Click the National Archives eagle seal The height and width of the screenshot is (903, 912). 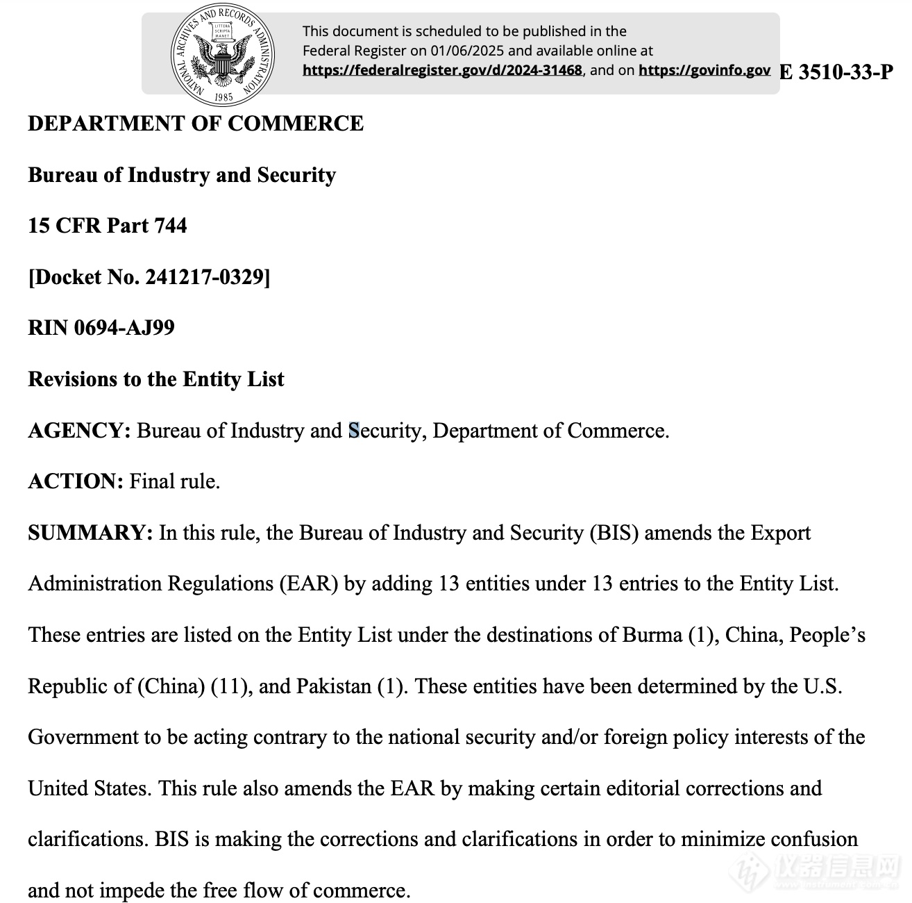(222, 53)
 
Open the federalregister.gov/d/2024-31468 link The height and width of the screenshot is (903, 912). (442, 70)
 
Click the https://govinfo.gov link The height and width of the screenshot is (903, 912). (704, 70)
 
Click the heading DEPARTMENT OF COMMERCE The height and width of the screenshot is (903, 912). (196, 124)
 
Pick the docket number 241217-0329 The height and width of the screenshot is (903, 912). (204, 277)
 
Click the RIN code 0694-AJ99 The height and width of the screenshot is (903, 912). (124, 328)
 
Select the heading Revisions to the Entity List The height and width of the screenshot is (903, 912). (156, 379)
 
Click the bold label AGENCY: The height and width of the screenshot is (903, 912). (79, 431)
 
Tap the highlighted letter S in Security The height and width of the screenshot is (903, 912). (354, 431)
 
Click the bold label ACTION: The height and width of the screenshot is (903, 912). (76, 481)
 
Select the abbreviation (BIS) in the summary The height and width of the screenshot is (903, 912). (614, 533)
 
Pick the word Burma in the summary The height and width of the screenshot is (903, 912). (652, 635)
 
